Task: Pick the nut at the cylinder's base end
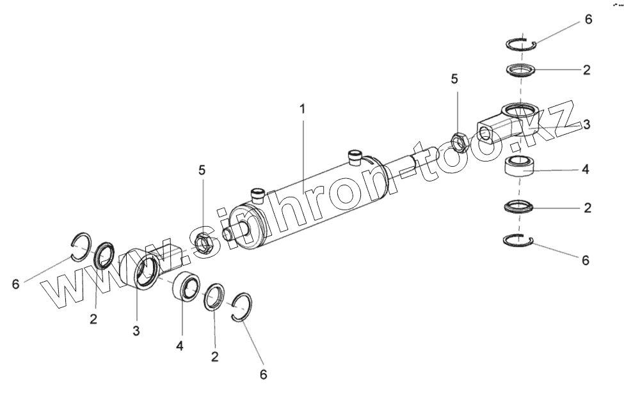(204, 243)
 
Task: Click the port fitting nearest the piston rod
(355, 157)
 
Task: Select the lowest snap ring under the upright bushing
(519, 240)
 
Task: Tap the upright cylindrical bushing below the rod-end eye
(520, 167)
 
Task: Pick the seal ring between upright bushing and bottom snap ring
(519, 206)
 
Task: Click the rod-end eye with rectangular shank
(506, 125)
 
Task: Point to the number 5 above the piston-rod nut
(454, 79)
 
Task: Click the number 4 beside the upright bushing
(585, 171)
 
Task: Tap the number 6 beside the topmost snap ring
(588, 19)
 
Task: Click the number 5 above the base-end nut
(202, 171)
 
